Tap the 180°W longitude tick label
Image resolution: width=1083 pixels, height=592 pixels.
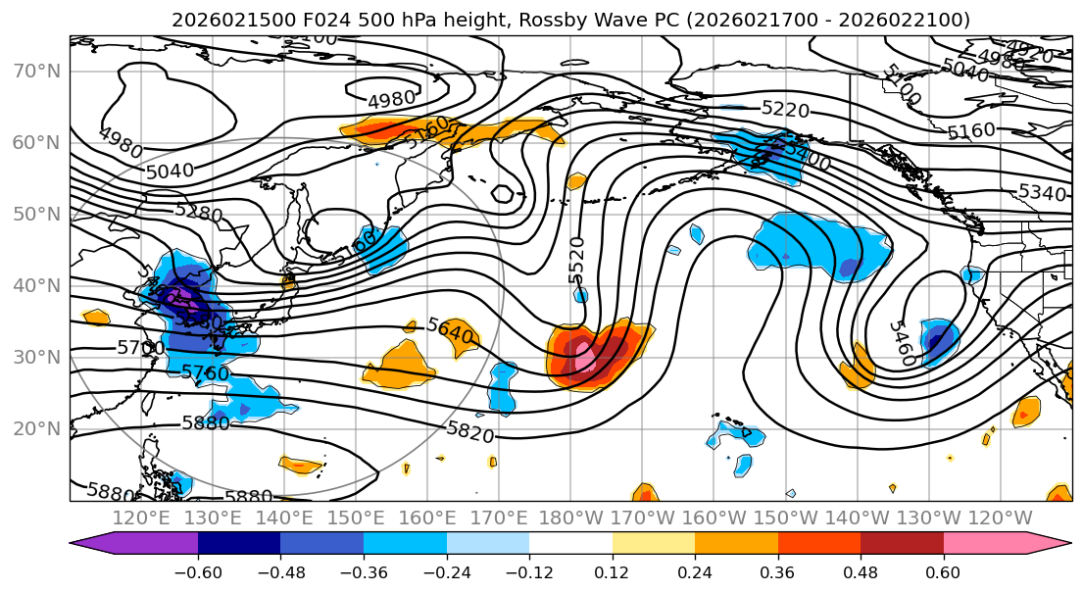pos(570,518)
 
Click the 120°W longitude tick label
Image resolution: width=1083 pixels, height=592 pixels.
pos(1001,518)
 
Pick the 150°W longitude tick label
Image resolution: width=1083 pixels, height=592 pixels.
pos(785,518)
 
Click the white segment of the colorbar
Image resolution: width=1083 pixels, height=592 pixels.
pos(570,545)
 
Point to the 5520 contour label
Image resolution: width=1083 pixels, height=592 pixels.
pos(576,260)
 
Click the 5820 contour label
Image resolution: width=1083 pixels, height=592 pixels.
pos(470,431)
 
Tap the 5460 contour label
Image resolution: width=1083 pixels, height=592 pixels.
pos(902,343)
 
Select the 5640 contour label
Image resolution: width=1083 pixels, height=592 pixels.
pos(450,331)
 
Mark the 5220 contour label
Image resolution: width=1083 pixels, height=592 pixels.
pos(785,110)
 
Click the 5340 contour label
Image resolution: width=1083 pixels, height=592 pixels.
pos(1042,193)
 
